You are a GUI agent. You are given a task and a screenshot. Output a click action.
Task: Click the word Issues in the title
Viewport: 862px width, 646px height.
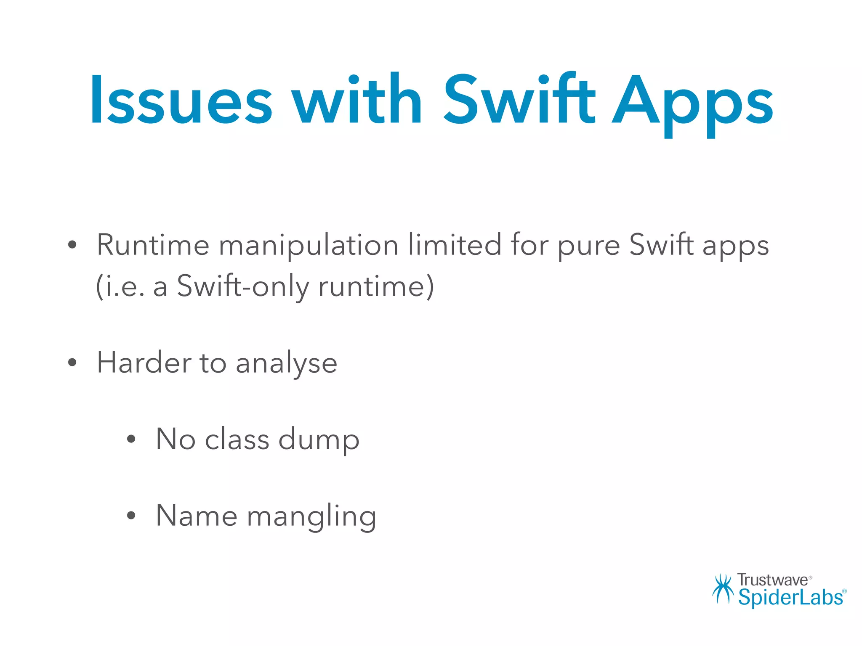(x=181, y=101)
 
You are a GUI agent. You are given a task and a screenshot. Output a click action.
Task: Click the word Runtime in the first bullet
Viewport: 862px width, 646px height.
(x=153, y=245)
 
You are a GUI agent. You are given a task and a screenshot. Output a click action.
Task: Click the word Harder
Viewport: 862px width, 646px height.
(x=144, y=363)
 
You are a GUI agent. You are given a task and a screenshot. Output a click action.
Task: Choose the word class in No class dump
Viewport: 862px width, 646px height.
(x=237, y=439)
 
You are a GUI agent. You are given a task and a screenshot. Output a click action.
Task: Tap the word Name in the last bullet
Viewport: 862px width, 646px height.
(x=196, y=516)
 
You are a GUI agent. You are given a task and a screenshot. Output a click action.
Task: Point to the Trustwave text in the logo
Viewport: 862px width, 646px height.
(x=772, y=580)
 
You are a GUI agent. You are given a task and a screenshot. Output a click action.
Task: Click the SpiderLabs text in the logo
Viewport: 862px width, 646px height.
(x=790, y=598)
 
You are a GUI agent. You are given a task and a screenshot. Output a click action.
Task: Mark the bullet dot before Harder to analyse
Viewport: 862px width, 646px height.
(x=72, y=363)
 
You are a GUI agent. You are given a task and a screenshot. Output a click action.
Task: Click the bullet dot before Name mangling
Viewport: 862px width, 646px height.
(x=131, y=516)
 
